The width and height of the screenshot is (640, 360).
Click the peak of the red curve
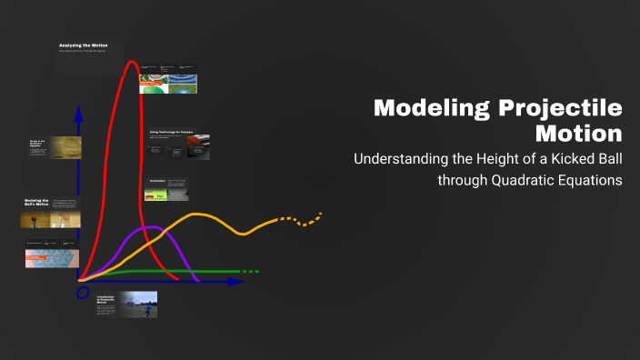pos(133,63)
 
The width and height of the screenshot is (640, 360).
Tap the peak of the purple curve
pos(153,227)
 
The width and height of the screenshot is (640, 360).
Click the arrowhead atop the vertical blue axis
pos(79,113)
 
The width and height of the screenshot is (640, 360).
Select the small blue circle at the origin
pos(83,293)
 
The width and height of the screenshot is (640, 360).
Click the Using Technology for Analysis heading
pos(173,132)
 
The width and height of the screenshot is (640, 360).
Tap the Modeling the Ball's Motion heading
pos(36,202)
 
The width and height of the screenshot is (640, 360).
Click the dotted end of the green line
pos(250,271)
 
